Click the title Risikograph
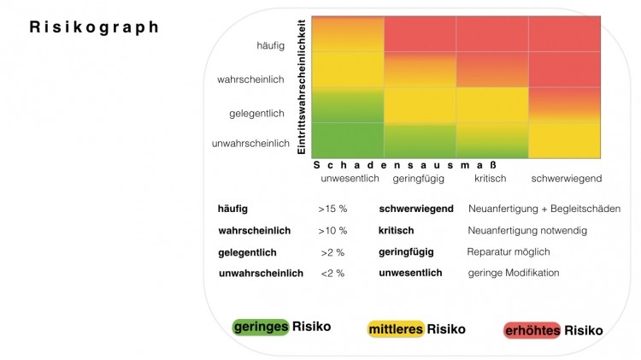pos(94,27)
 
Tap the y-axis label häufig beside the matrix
pos(271,45)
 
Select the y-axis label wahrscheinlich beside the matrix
pos(250,80)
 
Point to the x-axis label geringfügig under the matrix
pos(418,179)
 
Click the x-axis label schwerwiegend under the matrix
pos(566,179)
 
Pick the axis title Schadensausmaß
pos(405,165)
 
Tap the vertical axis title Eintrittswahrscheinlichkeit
pos(302,86)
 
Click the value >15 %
pos(332,209)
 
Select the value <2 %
pos(332,274)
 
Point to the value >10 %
pos(332,231)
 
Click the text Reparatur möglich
pos(509,252)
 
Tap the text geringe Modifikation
pos(514,273)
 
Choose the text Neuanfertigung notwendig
pos(527,231)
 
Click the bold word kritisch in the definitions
pos(396,231)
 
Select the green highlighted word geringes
pos(261,327)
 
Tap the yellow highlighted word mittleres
pos(396,329)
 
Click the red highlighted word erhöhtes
pos(532,331)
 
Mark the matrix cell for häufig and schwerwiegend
pos(565,34)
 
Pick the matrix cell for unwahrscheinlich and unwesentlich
pos(348,140)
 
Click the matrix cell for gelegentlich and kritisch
pos(492,104)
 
